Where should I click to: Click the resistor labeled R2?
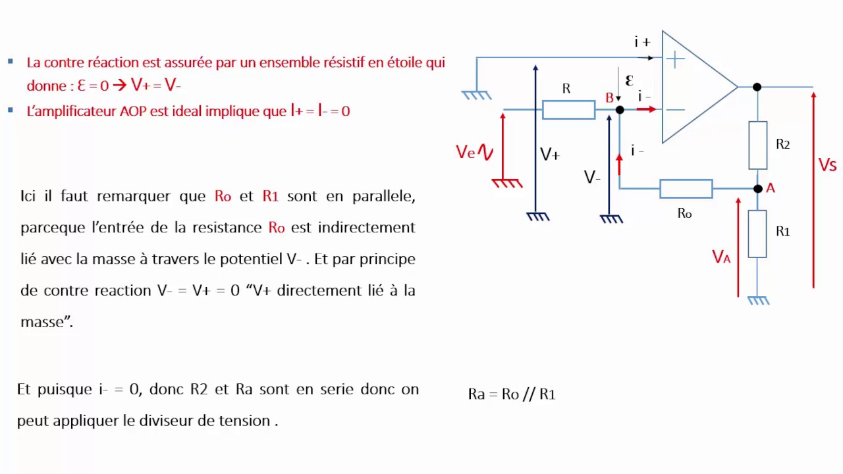[757, 145]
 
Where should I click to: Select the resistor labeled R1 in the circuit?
[757, 234]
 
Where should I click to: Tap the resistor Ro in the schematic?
[686, 189]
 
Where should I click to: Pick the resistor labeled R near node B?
[568, 109]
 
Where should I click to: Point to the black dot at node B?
[619, 109]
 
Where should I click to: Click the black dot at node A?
[757, 189]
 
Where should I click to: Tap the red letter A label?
[771, 188]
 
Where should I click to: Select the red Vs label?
[827, 165]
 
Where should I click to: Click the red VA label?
[721, 257]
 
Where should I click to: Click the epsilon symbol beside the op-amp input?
[629, 80]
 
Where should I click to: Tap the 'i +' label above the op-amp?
[642, 43]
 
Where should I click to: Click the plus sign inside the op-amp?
[675, 60]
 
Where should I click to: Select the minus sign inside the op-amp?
[675, 109]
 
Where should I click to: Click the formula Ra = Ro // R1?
[512, 394]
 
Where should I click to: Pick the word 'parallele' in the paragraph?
[383, 196]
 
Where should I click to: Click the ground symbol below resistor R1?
[758, 300]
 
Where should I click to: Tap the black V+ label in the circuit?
[550, 155]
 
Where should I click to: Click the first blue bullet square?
[11, 61]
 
